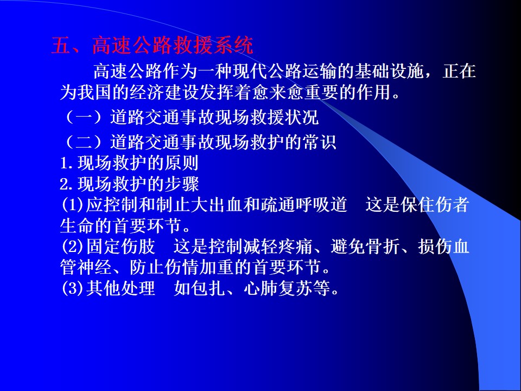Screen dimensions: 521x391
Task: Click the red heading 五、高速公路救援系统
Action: click(x=152, y=45)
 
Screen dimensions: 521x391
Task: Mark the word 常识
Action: click(x=319, y=142)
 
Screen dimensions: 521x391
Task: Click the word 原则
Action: click(x=181, y=163)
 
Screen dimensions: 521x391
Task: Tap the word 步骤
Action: click(x=181, y=184)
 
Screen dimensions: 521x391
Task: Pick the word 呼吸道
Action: click(x=321, y=205)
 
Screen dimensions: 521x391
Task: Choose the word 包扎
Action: click(x=208, y=288)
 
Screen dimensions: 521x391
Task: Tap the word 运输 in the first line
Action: click(x=319, y=71)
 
